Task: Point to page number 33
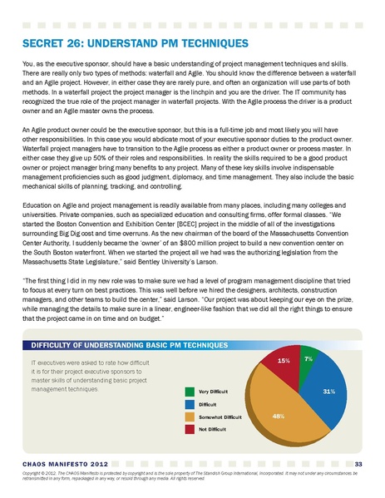[358, 463]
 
